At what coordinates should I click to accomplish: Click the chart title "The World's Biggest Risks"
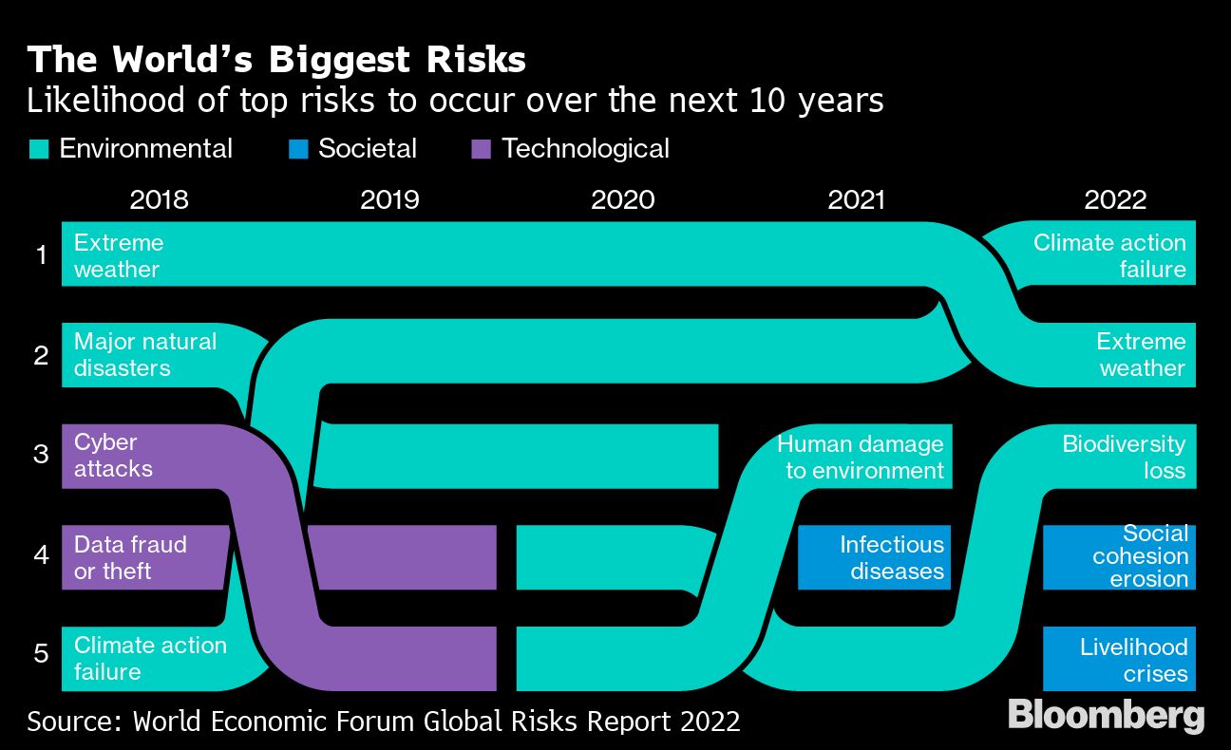(276, 60)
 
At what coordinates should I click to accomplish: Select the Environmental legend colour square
(39, 149)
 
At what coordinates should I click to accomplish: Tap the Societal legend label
(368, 149)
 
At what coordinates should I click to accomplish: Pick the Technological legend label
(585, 149)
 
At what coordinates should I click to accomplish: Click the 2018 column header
(159, 199)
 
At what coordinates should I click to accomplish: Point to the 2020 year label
(622, 199)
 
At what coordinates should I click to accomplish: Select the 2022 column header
(1115, 199)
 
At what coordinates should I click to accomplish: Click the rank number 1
(41, 254)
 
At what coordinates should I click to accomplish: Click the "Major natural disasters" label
(145, 355)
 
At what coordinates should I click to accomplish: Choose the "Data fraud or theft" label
(130, 557)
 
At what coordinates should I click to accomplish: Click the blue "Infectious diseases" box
(874, 557)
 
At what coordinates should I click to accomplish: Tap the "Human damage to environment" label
(861, 457)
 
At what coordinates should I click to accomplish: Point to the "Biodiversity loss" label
(1124, 457)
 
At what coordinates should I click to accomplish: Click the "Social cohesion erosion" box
(1119, 556)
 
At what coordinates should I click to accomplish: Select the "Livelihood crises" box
(1119, 659)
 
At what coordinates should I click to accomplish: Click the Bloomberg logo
(1106, 715)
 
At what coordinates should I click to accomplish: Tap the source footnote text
(383, 721)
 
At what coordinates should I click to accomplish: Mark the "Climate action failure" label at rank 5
(150, 659)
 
